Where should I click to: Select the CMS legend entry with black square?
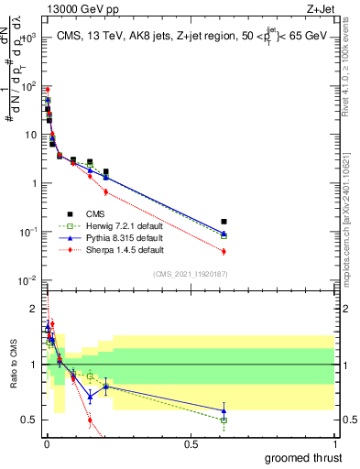click(92, 215)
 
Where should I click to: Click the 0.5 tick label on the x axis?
click(191, 443)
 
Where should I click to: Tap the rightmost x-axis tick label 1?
click(334, 443)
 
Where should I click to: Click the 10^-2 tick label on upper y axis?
click(27, 280)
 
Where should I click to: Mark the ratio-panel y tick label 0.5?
click(30, 420)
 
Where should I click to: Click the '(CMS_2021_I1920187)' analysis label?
click(190, 272)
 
